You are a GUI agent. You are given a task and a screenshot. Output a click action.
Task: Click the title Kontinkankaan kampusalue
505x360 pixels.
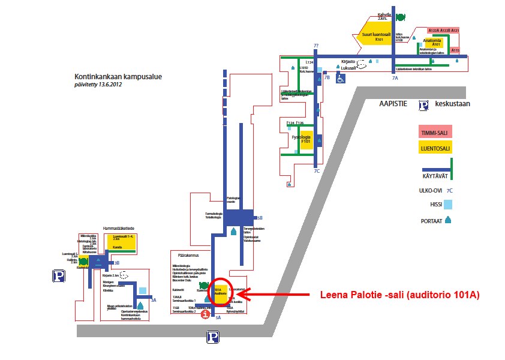(x=118, y=77)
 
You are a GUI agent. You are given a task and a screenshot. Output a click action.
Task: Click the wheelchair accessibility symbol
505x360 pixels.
(x=340, y=78)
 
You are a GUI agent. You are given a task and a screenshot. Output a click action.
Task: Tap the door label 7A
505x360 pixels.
(x=395, y=77)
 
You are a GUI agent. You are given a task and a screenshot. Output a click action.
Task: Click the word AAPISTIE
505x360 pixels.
(x=393, y=104)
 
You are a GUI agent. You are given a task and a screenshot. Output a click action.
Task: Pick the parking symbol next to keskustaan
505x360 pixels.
(x=423, y=104)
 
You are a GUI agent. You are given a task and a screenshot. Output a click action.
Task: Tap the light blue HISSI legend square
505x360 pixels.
(x=447, y=205)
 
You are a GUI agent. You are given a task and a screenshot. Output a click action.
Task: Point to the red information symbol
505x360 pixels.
(x=206, y=314)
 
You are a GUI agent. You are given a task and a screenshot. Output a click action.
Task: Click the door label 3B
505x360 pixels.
(x=117, y=263)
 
